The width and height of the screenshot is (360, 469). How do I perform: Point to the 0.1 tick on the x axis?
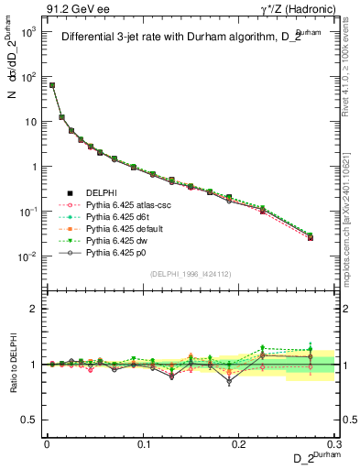[143, 443]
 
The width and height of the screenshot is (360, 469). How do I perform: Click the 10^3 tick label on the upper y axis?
[29, 32]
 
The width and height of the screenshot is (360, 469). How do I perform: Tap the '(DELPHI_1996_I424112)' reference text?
[191, 273]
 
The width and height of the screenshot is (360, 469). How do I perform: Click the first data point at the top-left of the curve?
[52, 85]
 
